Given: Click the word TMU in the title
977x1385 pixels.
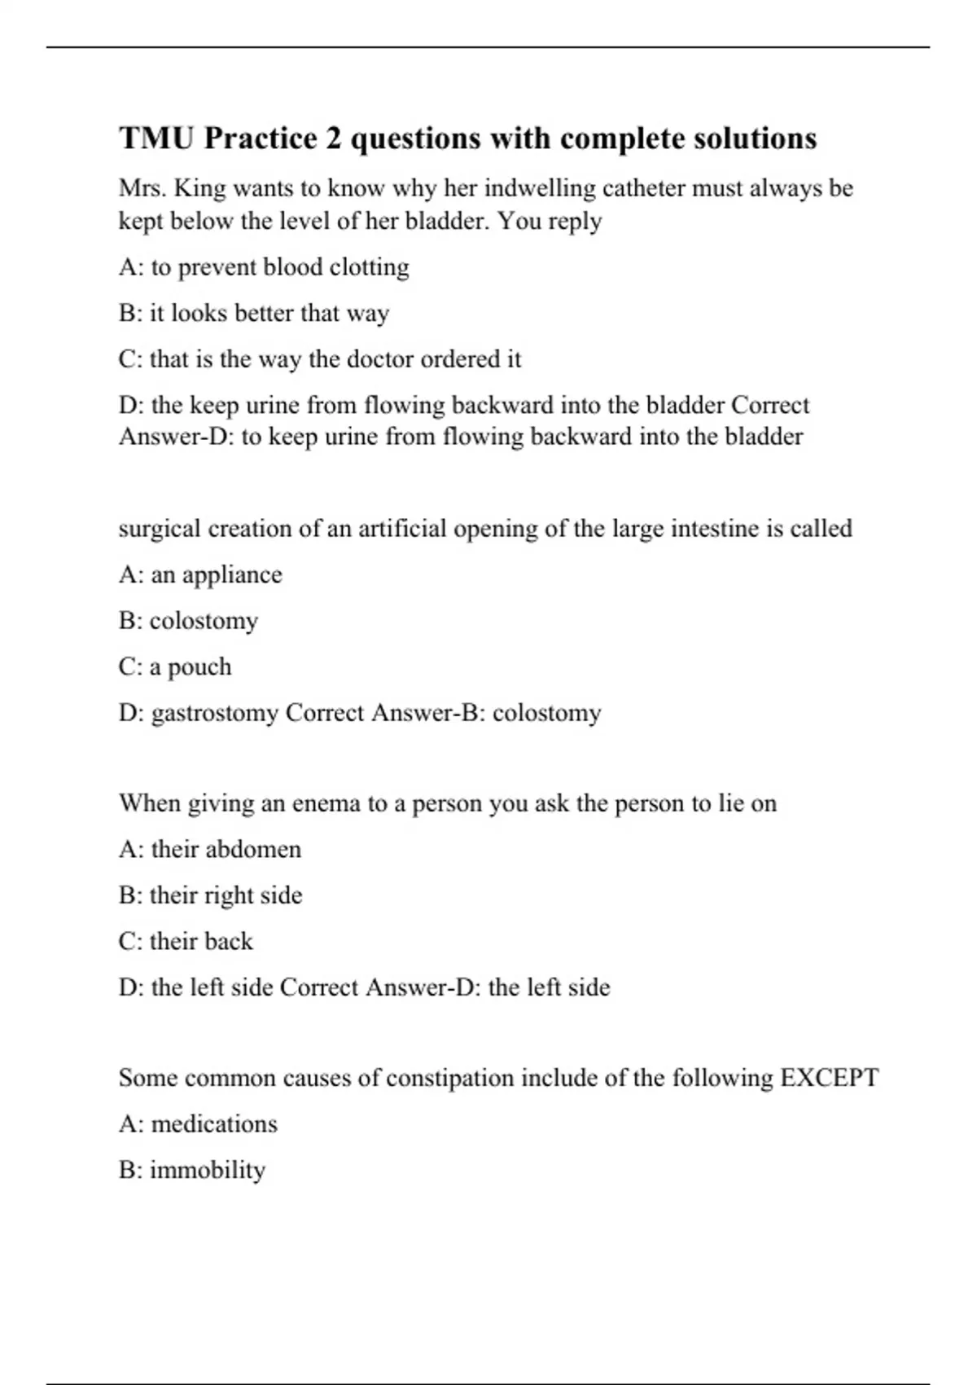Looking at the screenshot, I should [x=156, y=138].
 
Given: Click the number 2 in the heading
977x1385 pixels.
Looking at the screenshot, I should [x=333, y=138].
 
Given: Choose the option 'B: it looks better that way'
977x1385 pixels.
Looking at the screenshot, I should [x=254, y=313].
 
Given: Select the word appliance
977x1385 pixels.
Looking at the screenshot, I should [x=232, y=575].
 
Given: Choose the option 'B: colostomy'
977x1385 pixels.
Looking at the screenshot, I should [x=188, y=621].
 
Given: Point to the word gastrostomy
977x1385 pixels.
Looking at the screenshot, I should [x=215, y=714].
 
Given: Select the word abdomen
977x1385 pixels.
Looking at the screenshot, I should [x=254, y=850].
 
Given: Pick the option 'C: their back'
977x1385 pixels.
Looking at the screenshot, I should [x=186, y=942].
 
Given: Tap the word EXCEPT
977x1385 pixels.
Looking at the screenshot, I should [x=830, y=1078].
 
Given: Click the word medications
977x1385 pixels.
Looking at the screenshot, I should [x=214, y=1124].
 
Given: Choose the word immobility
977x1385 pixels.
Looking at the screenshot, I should [x=208, y=1171].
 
